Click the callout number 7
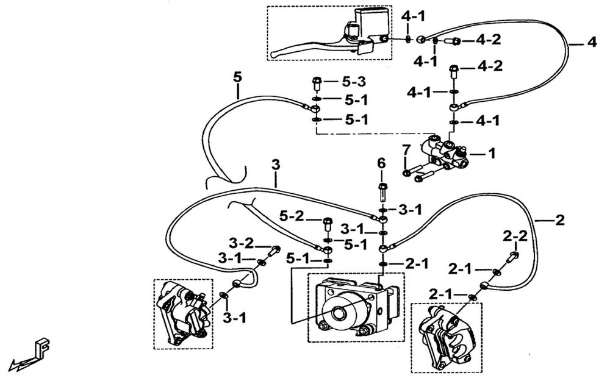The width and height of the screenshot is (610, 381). (406, 149)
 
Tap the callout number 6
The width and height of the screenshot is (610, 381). (381, 163)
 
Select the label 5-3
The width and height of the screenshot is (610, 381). (354, 82)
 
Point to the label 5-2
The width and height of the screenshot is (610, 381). (292, 216)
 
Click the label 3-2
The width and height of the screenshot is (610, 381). (241, 243)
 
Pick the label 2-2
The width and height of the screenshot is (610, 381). (515, 235)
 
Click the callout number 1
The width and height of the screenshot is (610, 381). (492, 154)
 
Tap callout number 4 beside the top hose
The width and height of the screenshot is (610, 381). (592, 42)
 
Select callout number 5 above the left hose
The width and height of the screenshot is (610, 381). (237, 77)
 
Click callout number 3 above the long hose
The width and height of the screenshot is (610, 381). (276, 165)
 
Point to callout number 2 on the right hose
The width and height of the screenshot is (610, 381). (559, 221)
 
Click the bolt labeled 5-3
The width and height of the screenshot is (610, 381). (316, 84)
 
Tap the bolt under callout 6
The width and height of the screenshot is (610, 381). (382, 191)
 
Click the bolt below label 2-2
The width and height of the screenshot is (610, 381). (512, 257)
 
